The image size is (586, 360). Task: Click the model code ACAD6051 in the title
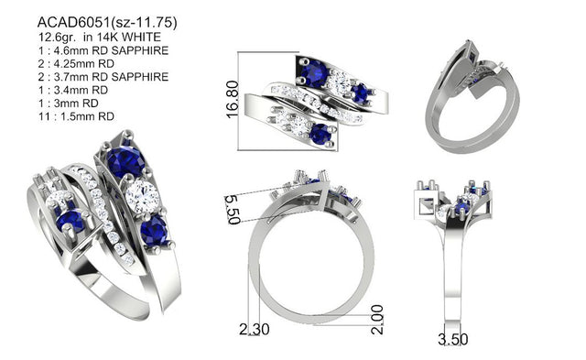point(74,23)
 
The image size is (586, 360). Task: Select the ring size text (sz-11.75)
point(145,23)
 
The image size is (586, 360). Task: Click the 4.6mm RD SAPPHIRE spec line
point(103,50)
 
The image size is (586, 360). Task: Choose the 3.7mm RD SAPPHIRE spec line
point(103,77)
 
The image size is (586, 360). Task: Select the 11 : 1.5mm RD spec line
point(76,116)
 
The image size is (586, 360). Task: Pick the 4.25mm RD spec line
point(76,63)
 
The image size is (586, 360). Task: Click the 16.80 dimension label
point(232,100)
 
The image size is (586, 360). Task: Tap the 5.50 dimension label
point(233,210)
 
